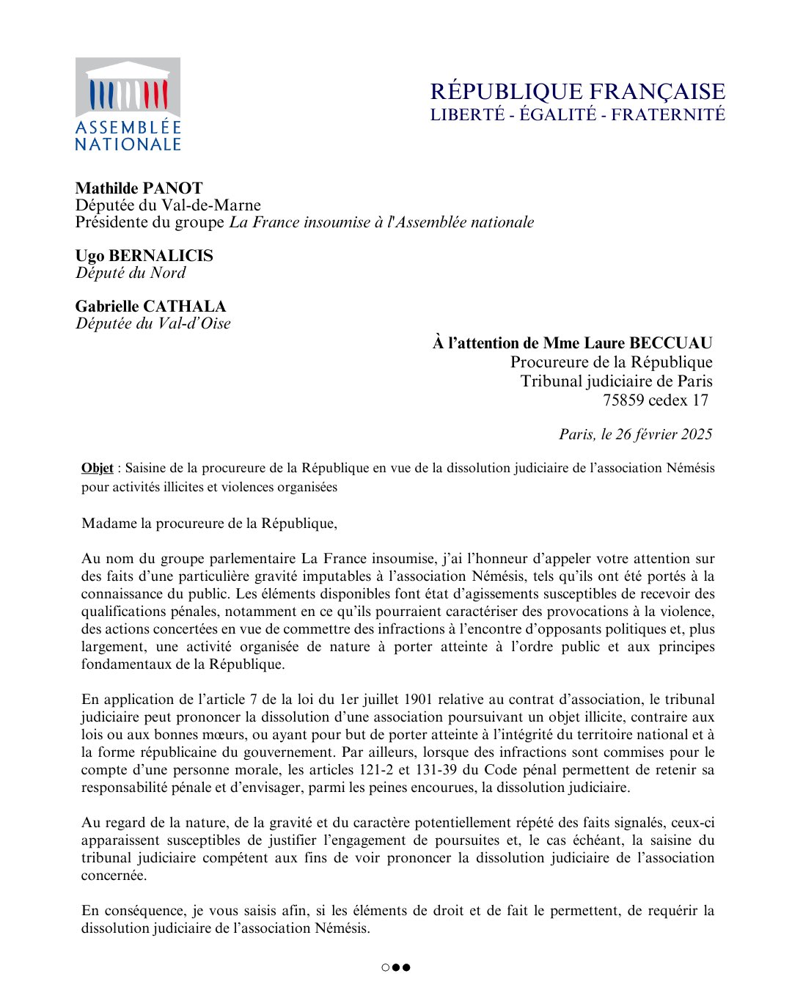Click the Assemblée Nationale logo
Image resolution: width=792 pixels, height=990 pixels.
point(128,105)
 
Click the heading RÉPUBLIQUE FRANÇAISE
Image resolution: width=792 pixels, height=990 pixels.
point(577,92)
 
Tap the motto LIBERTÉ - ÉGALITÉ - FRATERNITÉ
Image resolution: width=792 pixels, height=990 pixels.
point(577,114)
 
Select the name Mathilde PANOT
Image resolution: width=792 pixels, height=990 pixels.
point(139,188)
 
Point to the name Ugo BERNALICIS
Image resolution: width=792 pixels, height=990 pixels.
point(144,255)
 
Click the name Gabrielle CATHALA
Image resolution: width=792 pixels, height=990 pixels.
point(150,306)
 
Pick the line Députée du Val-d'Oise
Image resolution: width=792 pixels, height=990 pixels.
point(153,323)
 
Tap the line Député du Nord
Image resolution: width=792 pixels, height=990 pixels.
point(131,273)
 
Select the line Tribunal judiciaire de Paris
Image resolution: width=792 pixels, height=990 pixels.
point(616,381)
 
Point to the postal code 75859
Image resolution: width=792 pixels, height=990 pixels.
point(624,400)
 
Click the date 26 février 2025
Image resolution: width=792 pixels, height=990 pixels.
point(664,434)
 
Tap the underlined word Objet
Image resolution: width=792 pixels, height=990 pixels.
point(98,468)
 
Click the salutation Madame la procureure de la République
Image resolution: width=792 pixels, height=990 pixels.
point(209,523)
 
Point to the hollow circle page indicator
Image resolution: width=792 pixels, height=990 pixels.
point(386,967)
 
